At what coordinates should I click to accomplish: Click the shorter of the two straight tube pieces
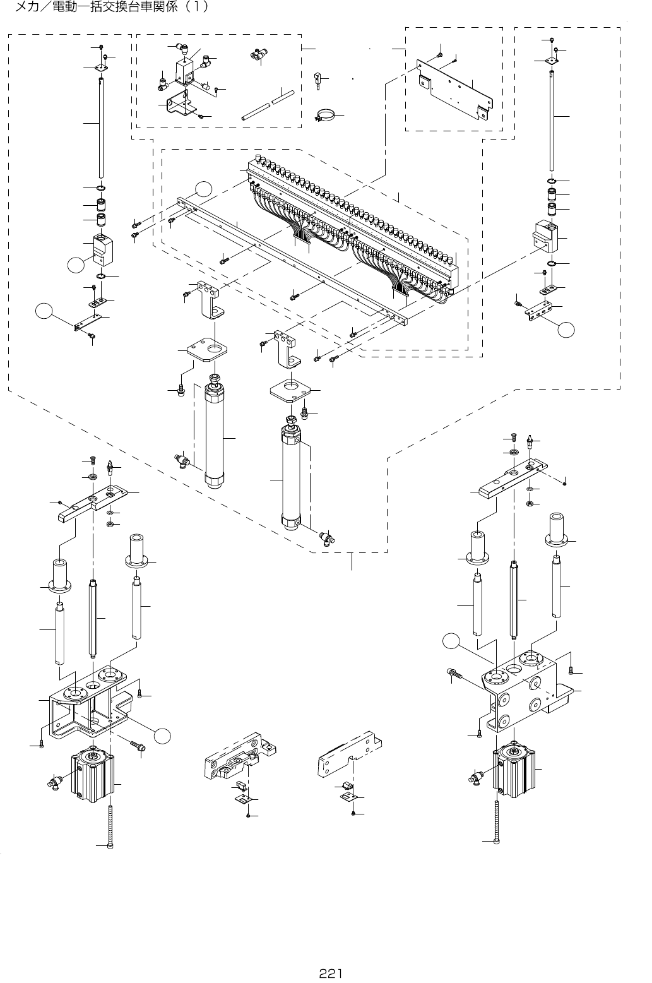click(285, 95)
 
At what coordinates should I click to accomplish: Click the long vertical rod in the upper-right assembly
click(552, 120)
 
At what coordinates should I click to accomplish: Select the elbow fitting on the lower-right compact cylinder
click(478, 775)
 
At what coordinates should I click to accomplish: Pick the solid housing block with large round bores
click(521, 691)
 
